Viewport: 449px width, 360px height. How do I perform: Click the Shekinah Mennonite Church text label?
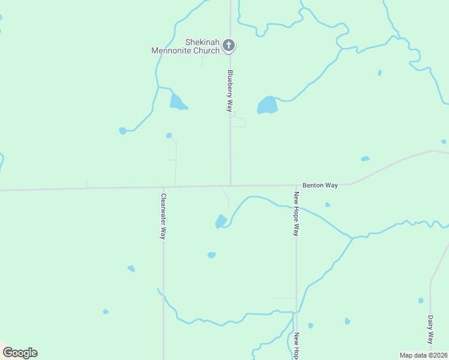185,46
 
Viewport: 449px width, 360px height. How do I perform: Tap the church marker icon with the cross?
229,45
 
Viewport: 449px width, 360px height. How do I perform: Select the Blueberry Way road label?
229,91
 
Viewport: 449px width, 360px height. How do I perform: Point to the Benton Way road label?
320,185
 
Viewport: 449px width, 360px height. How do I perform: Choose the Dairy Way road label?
430,328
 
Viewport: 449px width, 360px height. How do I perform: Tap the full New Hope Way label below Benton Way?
296,214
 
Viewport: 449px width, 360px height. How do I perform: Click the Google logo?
20,353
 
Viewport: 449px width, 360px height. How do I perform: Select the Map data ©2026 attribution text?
424,355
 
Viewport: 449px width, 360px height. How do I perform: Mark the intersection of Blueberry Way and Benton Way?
231,185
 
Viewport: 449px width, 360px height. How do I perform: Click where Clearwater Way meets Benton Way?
163,187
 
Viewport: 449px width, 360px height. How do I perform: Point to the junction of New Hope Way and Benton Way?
295,185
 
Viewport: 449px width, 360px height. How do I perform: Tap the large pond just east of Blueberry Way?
268,106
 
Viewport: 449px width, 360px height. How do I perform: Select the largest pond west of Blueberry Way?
178,102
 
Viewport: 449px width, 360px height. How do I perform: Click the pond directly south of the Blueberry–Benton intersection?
221,221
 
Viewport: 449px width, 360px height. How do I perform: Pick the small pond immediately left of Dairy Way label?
421,300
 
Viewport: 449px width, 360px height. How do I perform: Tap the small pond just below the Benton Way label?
327,205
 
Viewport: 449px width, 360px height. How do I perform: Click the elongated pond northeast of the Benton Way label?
365,159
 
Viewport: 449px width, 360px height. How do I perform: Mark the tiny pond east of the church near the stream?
379,73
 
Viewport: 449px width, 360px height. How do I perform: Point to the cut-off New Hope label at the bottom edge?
296,346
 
